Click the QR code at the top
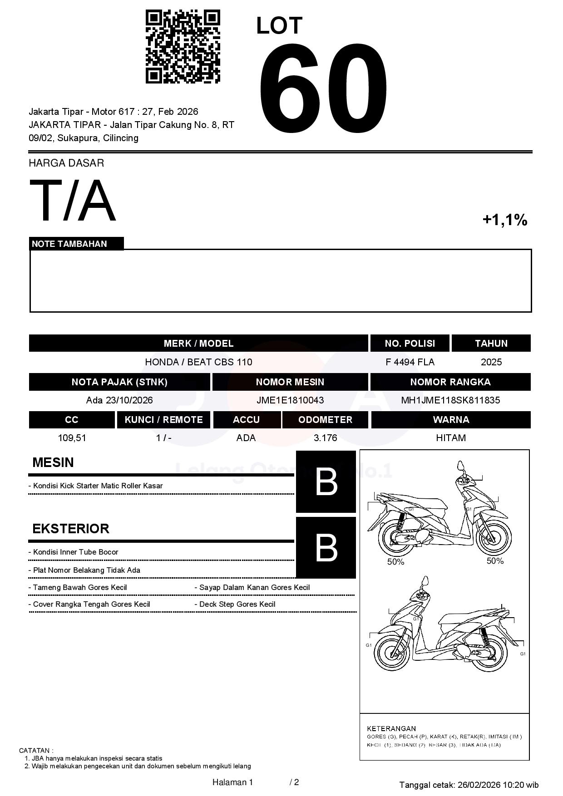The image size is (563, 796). click(x=183, y=47)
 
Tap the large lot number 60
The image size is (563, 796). click(x=323, y=88)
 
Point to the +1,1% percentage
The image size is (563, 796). click(x=504, y=220)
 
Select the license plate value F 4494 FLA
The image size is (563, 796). click(x=410, y=362)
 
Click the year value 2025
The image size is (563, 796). click(x=491, y=362)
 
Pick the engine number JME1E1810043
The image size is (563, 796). click(x=290, y=400)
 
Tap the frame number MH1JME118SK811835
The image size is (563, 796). click(x=450, y=400)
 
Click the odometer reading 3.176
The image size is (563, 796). click(x=325, y=438)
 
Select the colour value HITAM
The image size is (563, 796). click(x=450, y=438)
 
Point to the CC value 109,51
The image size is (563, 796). click(x=72, y=438)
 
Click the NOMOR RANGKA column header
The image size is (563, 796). click(x=450, y=382)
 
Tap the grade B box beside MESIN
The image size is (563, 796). click(x=326, y=482)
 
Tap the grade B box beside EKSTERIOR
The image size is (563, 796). click(x=326, y=548)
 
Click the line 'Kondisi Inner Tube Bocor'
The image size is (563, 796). click(x=75, y=552)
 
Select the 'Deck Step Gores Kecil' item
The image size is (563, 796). click(x=237, y=604)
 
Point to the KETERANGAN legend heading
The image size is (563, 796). click(x=391, y=728)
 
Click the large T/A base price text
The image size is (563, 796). click(x=72, y=201)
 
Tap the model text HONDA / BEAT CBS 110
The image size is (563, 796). click(x=198, y=362)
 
